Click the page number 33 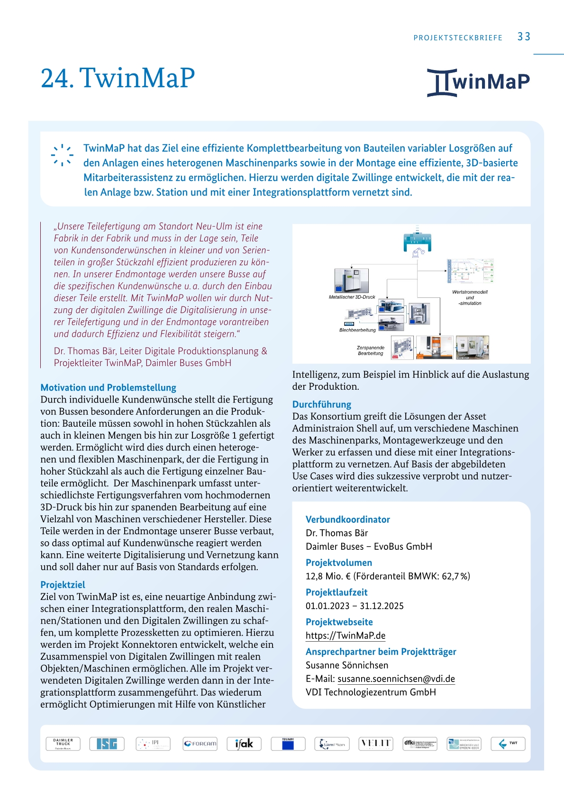point(524,37)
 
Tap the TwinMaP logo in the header point(478,82)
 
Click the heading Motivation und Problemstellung point(108,387)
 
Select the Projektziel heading point(63,584)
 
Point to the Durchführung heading point(321,404)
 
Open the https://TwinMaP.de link point(346,636)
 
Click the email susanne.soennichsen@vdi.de point(396,679)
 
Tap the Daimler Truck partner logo point(63,743)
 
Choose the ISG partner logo point(107,743)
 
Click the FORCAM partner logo point(200,743)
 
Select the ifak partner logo point(244,743)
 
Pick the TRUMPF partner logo point(288,743)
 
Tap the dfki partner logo point(420,743)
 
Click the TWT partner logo point(508,743)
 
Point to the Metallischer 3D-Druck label point(352,297)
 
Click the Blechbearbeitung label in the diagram point(357,330)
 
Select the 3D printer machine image point(351,280)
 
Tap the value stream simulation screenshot point(470,272)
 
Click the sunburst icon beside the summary point(62,155)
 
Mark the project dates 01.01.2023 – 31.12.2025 point(355,606)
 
